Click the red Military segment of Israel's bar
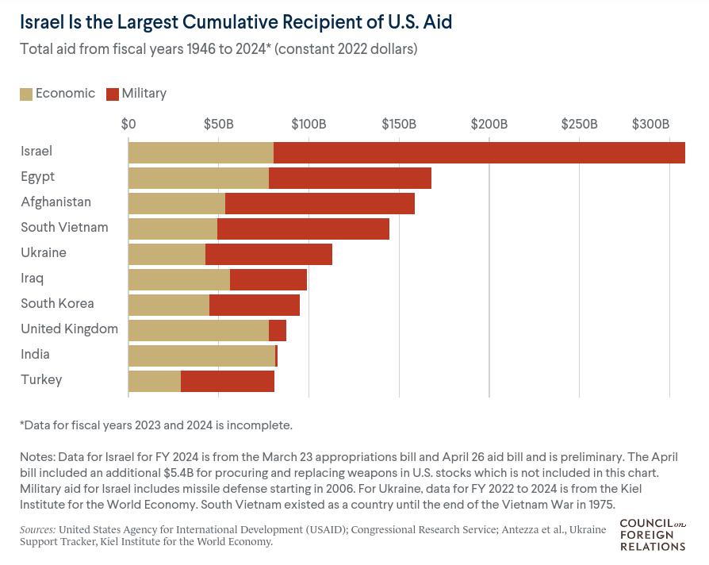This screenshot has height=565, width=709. [479, 152]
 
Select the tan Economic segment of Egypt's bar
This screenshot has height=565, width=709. [198, 178]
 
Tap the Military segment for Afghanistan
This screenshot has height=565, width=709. [320, 203]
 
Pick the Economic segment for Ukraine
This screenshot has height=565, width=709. [167, 254]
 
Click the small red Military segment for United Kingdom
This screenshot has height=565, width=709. [278, 330]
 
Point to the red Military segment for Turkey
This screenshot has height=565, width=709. [228, 381]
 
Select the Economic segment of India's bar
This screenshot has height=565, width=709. [201, 356]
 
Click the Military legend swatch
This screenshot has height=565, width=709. [113, 94]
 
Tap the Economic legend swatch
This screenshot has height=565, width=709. [26, 94]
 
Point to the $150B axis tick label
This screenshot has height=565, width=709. [399, 124]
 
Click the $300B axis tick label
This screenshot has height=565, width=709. [650, 124]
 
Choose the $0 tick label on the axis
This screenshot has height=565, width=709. [128, 124]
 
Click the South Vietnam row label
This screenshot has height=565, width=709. [64, 228]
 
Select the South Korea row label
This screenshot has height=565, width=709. [57, 304]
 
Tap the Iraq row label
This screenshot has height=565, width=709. [33, 279]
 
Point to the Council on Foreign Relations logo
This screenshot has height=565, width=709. [652, 534]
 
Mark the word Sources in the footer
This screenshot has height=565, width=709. [37, 529]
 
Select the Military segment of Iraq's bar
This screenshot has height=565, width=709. [268, 279]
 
